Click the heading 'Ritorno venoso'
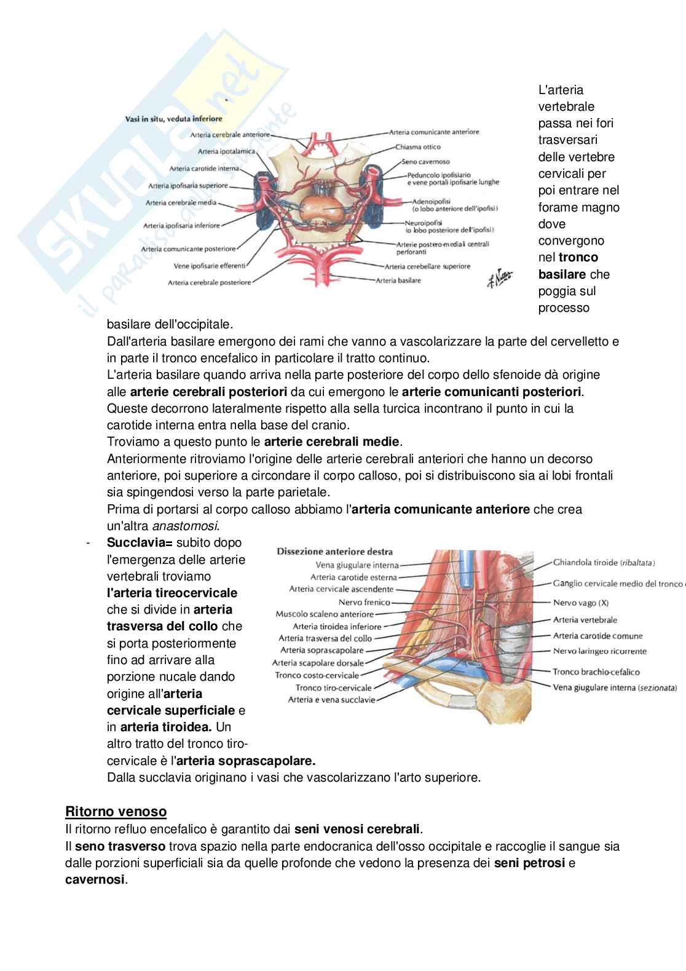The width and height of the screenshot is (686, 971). tap(116, 811)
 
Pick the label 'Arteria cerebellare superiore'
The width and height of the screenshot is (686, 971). tap(427, 266)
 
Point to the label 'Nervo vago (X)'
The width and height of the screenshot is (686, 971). tap(580, 603)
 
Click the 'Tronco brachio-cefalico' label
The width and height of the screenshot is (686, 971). tap(596, 672)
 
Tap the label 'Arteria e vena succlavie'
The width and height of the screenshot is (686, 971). tap(331, 700)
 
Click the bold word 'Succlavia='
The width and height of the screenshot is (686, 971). tap(140, 543)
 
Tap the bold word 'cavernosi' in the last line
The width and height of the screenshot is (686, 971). tap(95, 880)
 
